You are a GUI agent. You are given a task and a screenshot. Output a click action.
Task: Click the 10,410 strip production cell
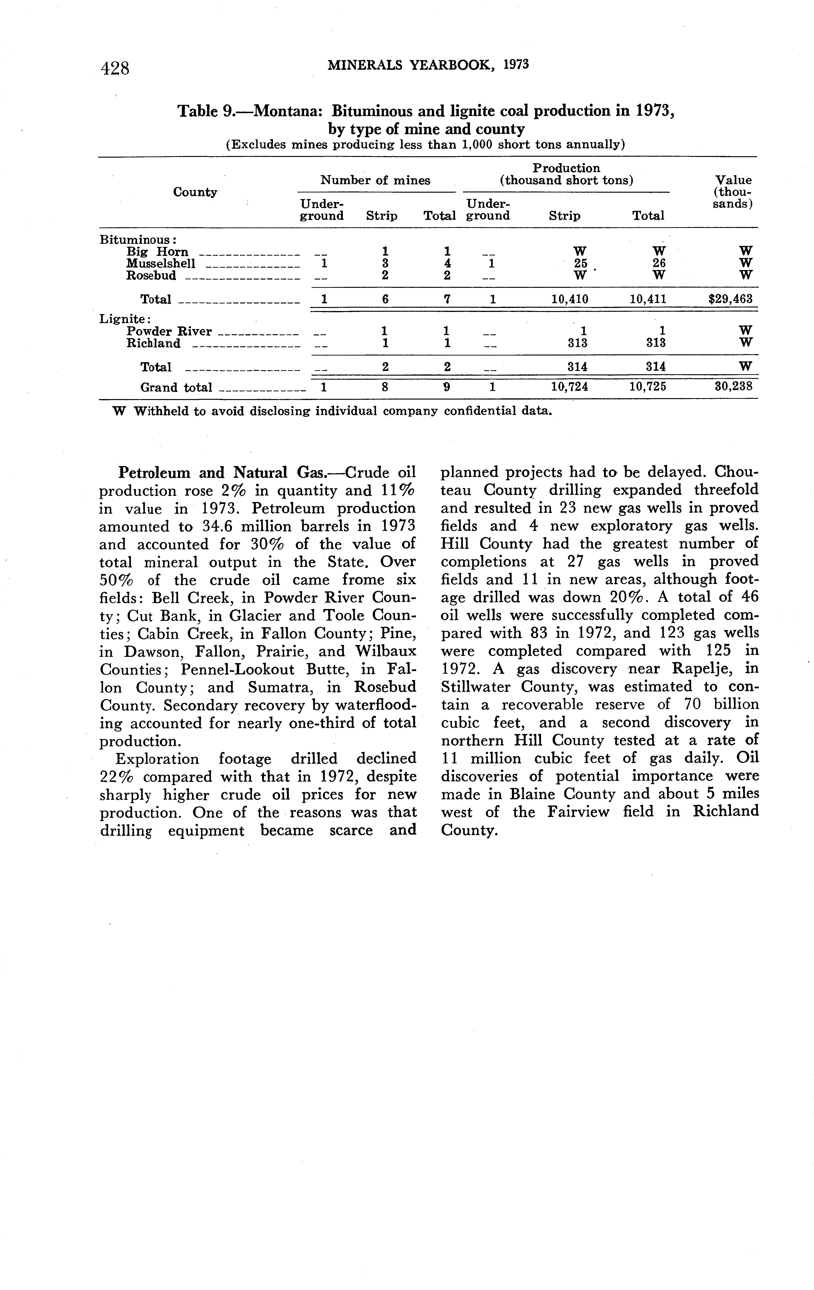tap(570, 299)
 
